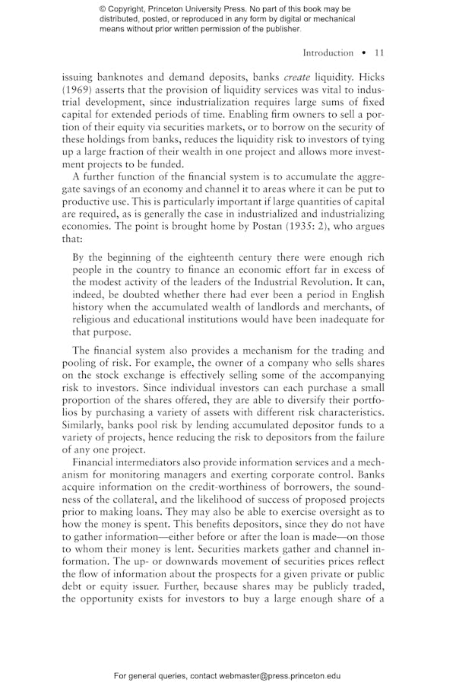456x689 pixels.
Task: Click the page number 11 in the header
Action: click(x=378, y=52)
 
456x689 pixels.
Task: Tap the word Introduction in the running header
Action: click(x=328, y=52)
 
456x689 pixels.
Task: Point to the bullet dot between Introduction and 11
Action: click(x=364, y=53)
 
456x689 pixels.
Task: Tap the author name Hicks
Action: click(x=369, y=77)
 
